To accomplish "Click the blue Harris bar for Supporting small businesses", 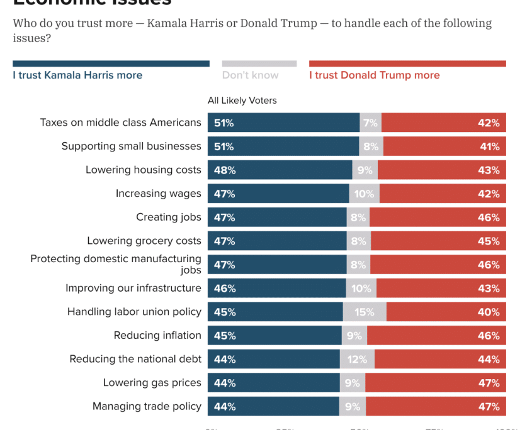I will (283, 146).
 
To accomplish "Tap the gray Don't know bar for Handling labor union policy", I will (365, 312).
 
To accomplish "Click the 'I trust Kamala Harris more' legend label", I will (77, 75).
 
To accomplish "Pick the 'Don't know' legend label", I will (250, 75).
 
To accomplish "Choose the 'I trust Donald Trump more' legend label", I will (374, 75).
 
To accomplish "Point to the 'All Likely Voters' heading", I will (242, 101).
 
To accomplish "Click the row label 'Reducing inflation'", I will (157, 336).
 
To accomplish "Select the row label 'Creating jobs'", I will (169, 218).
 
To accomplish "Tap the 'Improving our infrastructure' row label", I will (133, 289).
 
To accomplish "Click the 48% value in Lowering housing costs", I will (225, 170).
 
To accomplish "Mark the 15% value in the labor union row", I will (365, 312).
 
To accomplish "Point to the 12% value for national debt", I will (357, 360).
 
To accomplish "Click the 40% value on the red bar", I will (489, 312).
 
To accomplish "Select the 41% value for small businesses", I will (489, 146).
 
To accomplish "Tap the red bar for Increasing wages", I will (443, 194).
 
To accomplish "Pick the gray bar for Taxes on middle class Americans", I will (370, 123).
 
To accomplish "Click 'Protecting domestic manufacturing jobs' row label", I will (116, 265).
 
